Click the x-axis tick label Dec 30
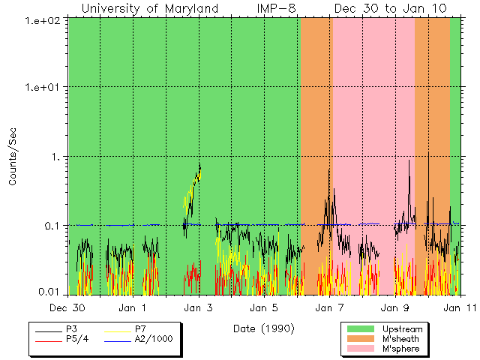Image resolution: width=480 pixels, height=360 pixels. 68,307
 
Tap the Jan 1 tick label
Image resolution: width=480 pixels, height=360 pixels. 133,307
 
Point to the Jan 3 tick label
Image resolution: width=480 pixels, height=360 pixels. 199,307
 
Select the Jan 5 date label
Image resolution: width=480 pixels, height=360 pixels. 264,307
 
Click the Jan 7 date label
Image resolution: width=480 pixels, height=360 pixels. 329,307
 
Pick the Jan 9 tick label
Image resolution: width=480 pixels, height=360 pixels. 395,307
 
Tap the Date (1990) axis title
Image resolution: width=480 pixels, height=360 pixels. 263,328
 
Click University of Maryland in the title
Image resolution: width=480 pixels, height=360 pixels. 150,8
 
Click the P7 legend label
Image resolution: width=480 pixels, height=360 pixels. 140,328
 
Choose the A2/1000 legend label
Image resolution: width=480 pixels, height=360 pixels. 153,339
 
